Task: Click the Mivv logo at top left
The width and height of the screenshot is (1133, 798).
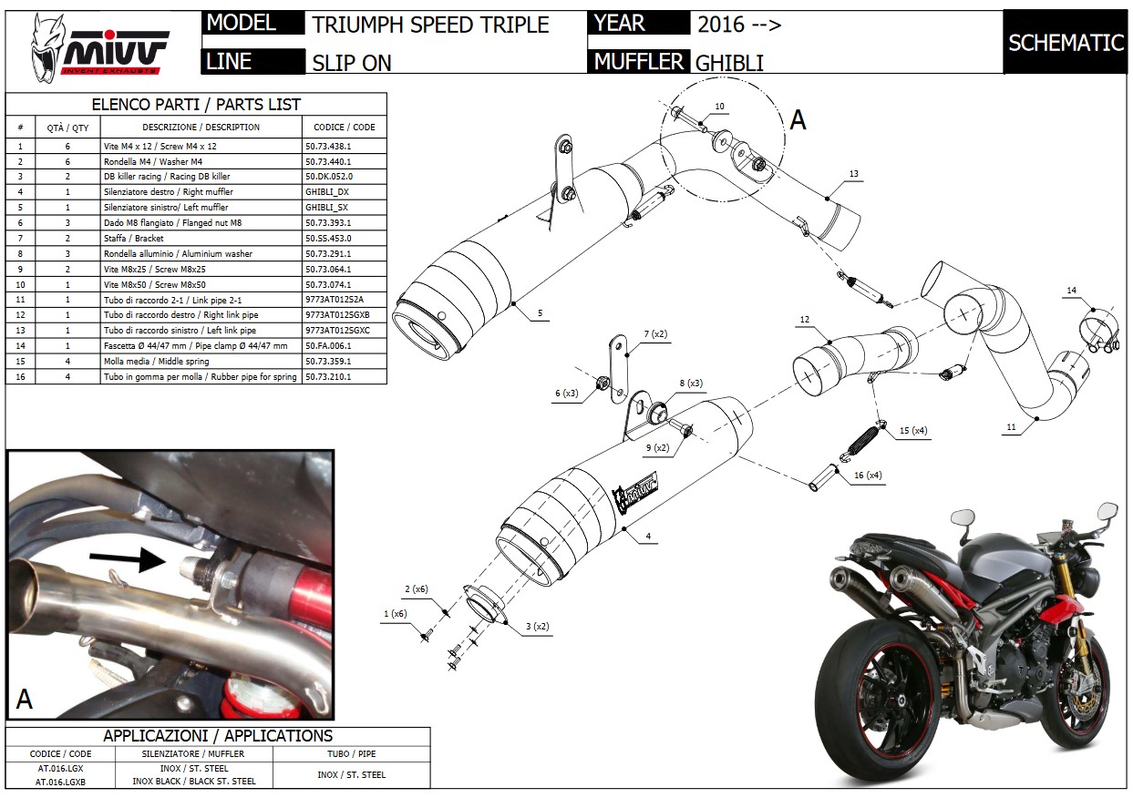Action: (99, 47)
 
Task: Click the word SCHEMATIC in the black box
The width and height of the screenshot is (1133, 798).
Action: (1066, 43)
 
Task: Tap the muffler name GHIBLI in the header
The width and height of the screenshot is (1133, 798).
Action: (729, 63)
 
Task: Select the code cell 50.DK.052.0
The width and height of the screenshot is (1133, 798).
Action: (329, 177)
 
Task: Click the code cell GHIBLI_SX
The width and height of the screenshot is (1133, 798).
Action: (326, 207)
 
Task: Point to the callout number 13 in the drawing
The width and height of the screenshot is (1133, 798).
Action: (853, 173)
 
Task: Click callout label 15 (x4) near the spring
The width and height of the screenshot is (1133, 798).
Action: (913, 431)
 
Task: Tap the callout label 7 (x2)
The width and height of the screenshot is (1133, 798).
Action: (655, 334)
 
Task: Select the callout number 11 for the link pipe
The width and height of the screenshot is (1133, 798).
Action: (1011, 427)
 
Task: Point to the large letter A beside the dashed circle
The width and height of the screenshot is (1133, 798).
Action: (798, 120)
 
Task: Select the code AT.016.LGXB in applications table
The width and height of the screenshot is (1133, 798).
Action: (60, 782)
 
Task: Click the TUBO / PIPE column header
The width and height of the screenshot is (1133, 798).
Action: (351, 754)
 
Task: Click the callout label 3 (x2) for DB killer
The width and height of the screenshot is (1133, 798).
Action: (537, 626)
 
